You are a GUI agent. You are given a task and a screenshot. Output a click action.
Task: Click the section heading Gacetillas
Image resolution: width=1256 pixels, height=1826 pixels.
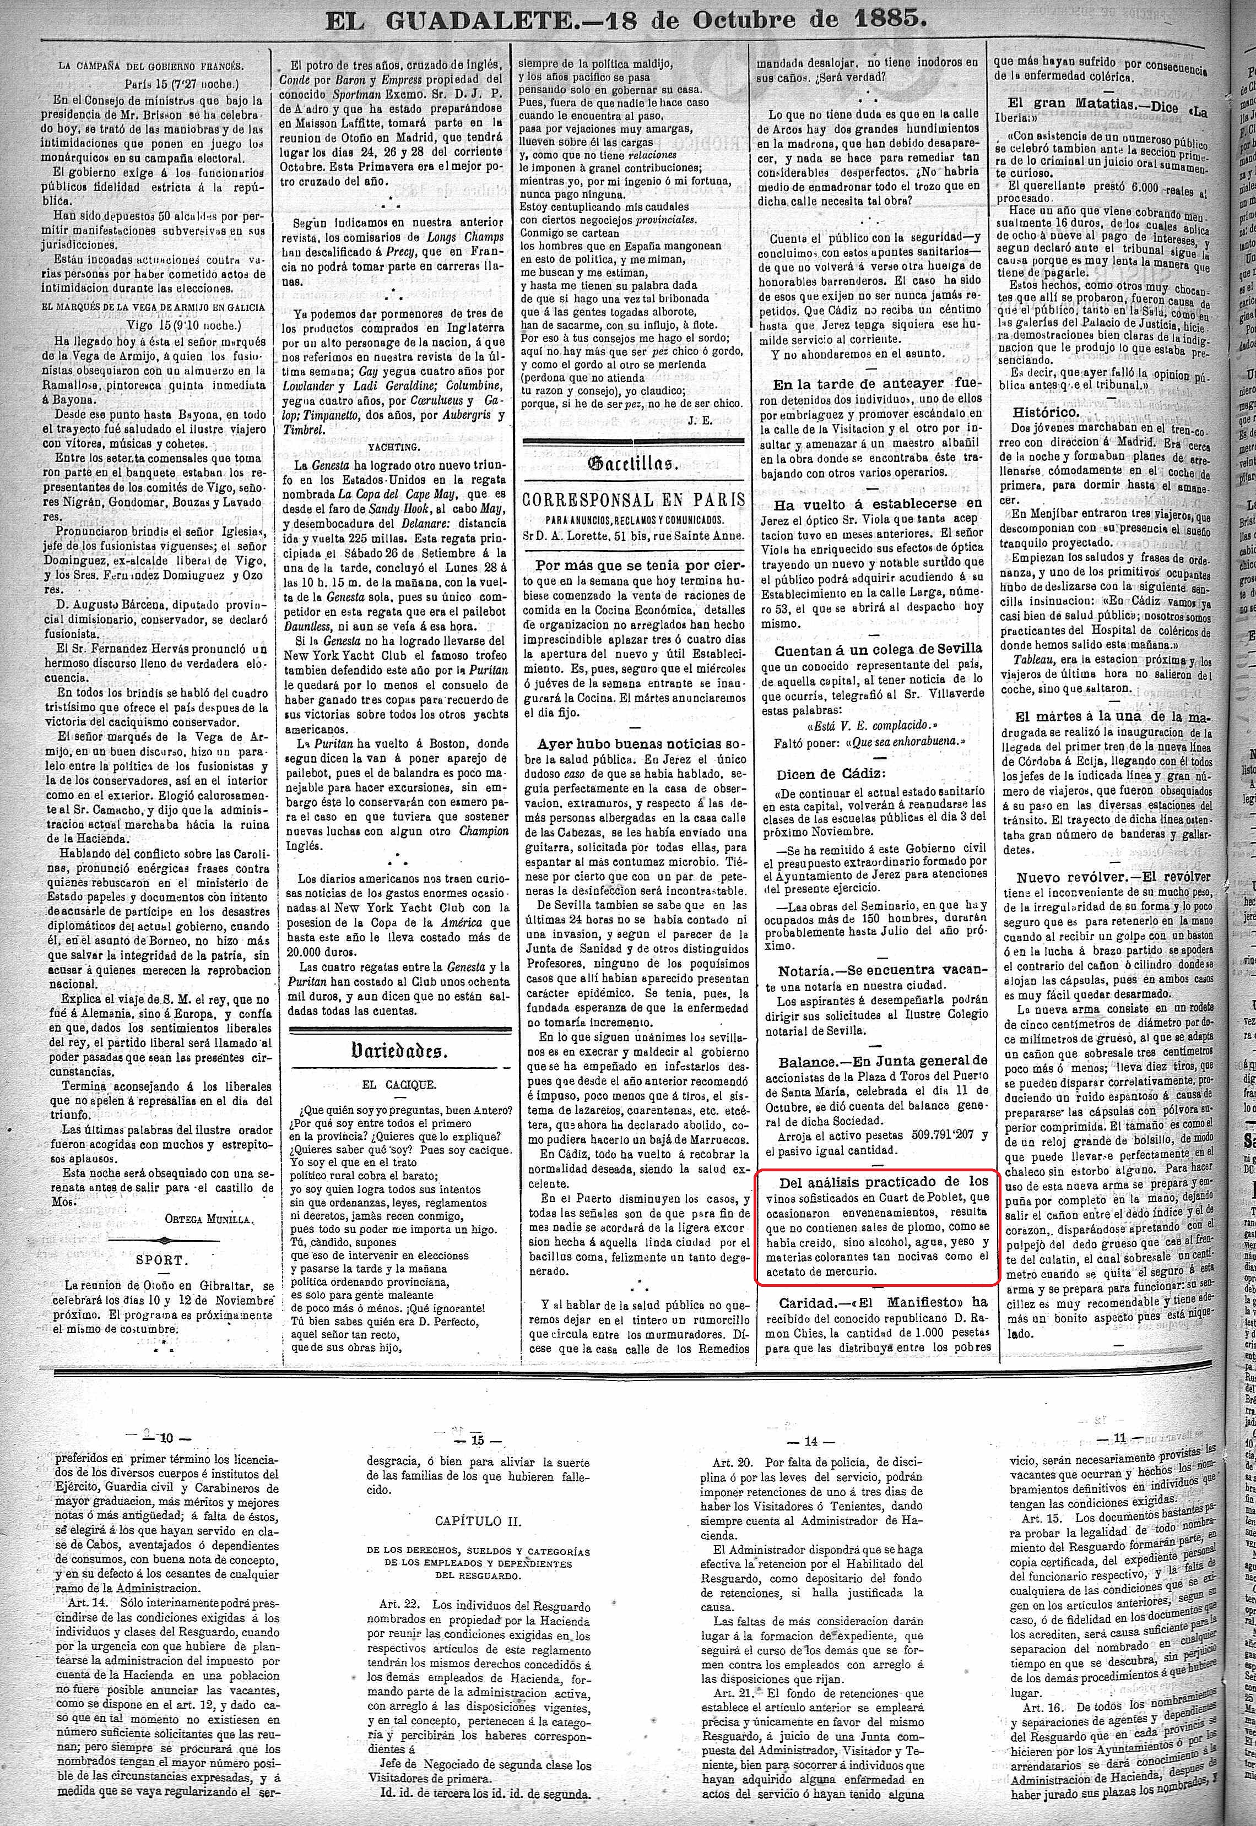(x=634, y=464)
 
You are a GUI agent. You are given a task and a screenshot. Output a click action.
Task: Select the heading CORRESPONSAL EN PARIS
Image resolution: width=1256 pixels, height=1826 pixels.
(x=634, y=501)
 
